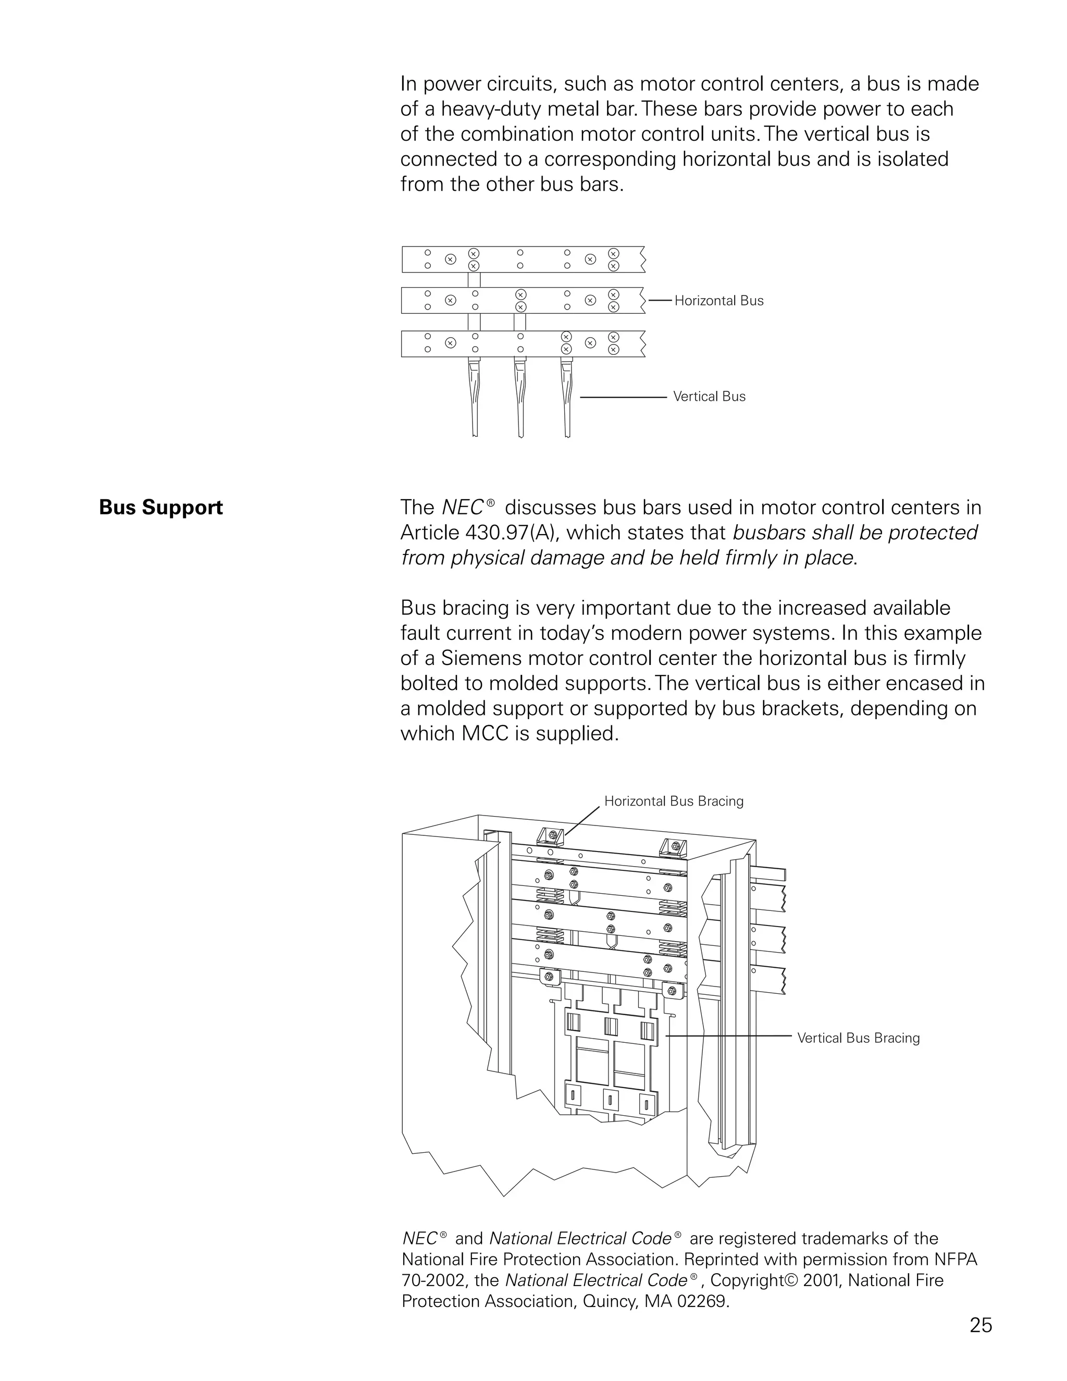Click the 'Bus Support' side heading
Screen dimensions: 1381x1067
coord(160,508)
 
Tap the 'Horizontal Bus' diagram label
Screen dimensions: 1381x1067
coord(718,301)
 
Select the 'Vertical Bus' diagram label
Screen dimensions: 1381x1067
coord(709,397)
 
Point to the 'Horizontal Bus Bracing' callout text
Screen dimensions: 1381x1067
coord(673,801)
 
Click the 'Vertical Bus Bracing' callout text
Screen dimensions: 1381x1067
coord(858,1038)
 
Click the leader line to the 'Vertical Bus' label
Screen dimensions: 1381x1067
coord(623,397)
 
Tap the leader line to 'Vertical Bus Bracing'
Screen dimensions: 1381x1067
coord(727,1037)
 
